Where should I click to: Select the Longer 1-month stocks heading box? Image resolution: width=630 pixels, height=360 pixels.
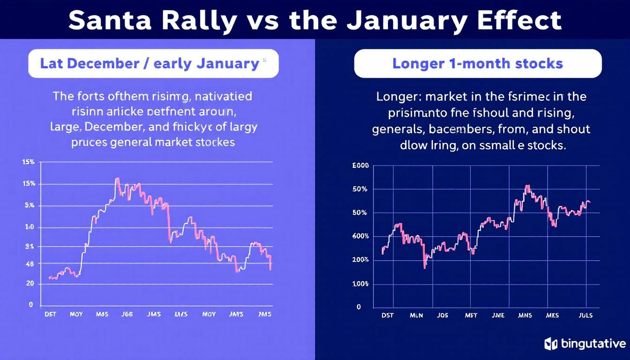(478, 63)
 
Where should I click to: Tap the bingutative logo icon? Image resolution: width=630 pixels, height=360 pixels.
(550, 344)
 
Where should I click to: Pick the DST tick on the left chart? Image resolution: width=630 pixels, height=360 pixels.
(50, 315)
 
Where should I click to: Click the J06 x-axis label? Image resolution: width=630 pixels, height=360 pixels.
(127, 315)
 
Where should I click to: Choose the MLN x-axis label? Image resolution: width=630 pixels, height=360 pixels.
(416, 315)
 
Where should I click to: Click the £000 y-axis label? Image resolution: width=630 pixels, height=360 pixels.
(360, 165)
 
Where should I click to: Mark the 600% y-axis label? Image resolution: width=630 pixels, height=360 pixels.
(360, 236)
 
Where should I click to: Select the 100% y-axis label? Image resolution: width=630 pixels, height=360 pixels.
(360, 284)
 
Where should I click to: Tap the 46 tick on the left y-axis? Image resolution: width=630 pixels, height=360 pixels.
(29, 264)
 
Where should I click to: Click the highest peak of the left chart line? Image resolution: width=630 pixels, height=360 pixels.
(117, 179)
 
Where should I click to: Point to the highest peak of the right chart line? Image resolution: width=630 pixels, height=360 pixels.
(527, 186)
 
